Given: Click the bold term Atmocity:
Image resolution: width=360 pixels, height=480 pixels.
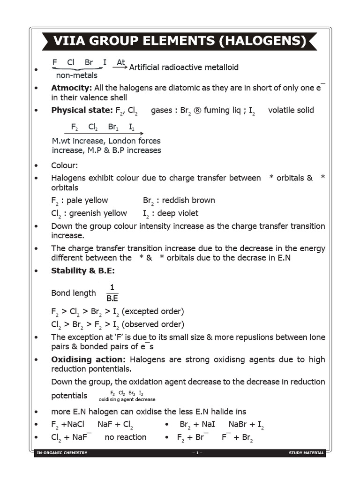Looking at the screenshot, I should coord(71,88).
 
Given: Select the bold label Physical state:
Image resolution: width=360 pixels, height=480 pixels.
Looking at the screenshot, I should coord(82,110).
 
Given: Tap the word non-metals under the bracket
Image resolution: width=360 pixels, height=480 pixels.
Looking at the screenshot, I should coord(77,75).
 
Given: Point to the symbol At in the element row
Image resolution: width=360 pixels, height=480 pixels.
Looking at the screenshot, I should coord(121,62).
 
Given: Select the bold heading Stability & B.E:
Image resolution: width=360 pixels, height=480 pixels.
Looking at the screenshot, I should coord(83,271).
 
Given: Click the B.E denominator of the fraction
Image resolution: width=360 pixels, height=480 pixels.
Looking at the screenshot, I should coord(112,298).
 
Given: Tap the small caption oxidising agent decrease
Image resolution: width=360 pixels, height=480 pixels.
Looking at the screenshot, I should coord(127,399).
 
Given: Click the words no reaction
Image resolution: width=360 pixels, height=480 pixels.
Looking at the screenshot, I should coord(125,437).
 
